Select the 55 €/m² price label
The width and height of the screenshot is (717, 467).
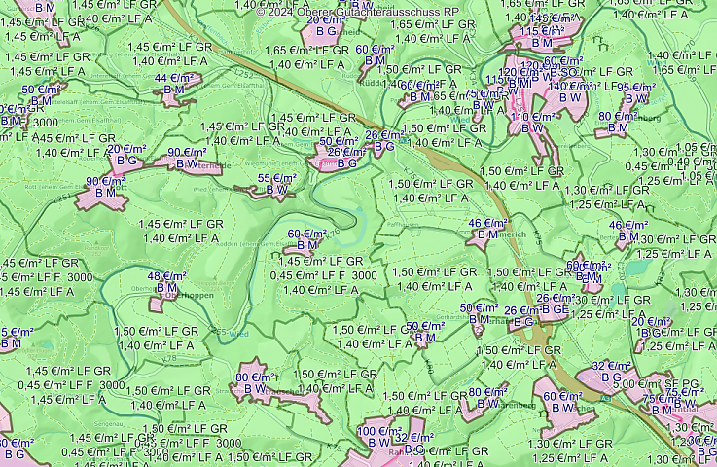[x=277, y=179]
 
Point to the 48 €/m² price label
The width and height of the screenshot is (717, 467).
[x=166, y=276]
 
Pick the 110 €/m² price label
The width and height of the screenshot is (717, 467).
[x=532, y=117]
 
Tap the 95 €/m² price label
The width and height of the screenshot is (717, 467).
[x=636, y=88]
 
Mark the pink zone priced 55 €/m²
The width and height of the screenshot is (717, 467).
[x=263, y=192]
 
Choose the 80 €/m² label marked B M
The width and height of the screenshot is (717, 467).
[x=618, y=117]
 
